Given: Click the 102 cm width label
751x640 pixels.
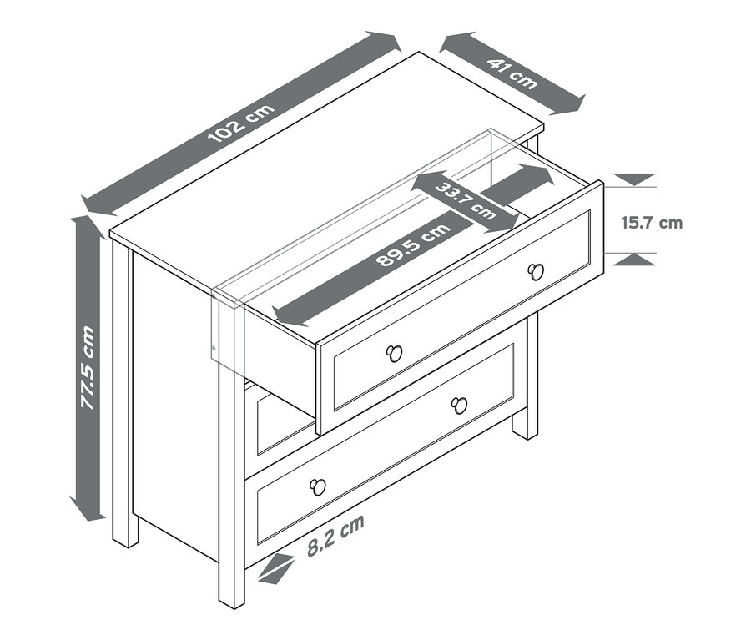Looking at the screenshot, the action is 242,123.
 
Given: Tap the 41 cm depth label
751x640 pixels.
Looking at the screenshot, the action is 512,73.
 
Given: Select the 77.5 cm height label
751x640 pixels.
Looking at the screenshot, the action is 87,367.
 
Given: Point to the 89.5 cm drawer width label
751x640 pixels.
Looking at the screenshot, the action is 413,244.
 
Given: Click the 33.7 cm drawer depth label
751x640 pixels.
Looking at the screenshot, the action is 465,200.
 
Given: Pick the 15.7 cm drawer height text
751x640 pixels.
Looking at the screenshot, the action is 652,223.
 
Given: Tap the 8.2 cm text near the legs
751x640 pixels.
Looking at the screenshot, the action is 335,535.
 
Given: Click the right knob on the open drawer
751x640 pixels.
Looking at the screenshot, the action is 535,272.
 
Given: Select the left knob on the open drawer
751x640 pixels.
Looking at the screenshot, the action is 394,353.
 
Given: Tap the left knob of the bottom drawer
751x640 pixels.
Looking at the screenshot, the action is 317,487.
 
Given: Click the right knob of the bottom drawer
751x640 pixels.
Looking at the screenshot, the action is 459,406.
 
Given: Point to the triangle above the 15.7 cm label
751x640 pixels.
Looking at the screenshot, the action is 635,179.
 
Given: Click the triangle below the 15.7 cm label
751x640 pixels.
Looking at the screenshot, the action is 635,260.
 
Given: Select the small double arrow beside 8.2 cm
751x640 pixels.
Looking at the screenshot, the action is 276,568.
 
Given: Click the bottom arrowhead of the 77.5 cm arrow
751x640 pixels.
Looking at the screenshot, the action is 88,509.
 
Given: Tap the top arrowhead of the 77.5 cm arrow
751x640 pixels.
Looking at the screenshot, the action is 88,229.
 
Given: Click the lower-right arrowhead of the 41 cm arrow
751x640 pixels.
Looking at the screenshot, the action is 569,105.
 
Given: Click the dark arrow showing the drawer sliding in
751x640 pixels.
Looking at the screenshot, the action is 518,184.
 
